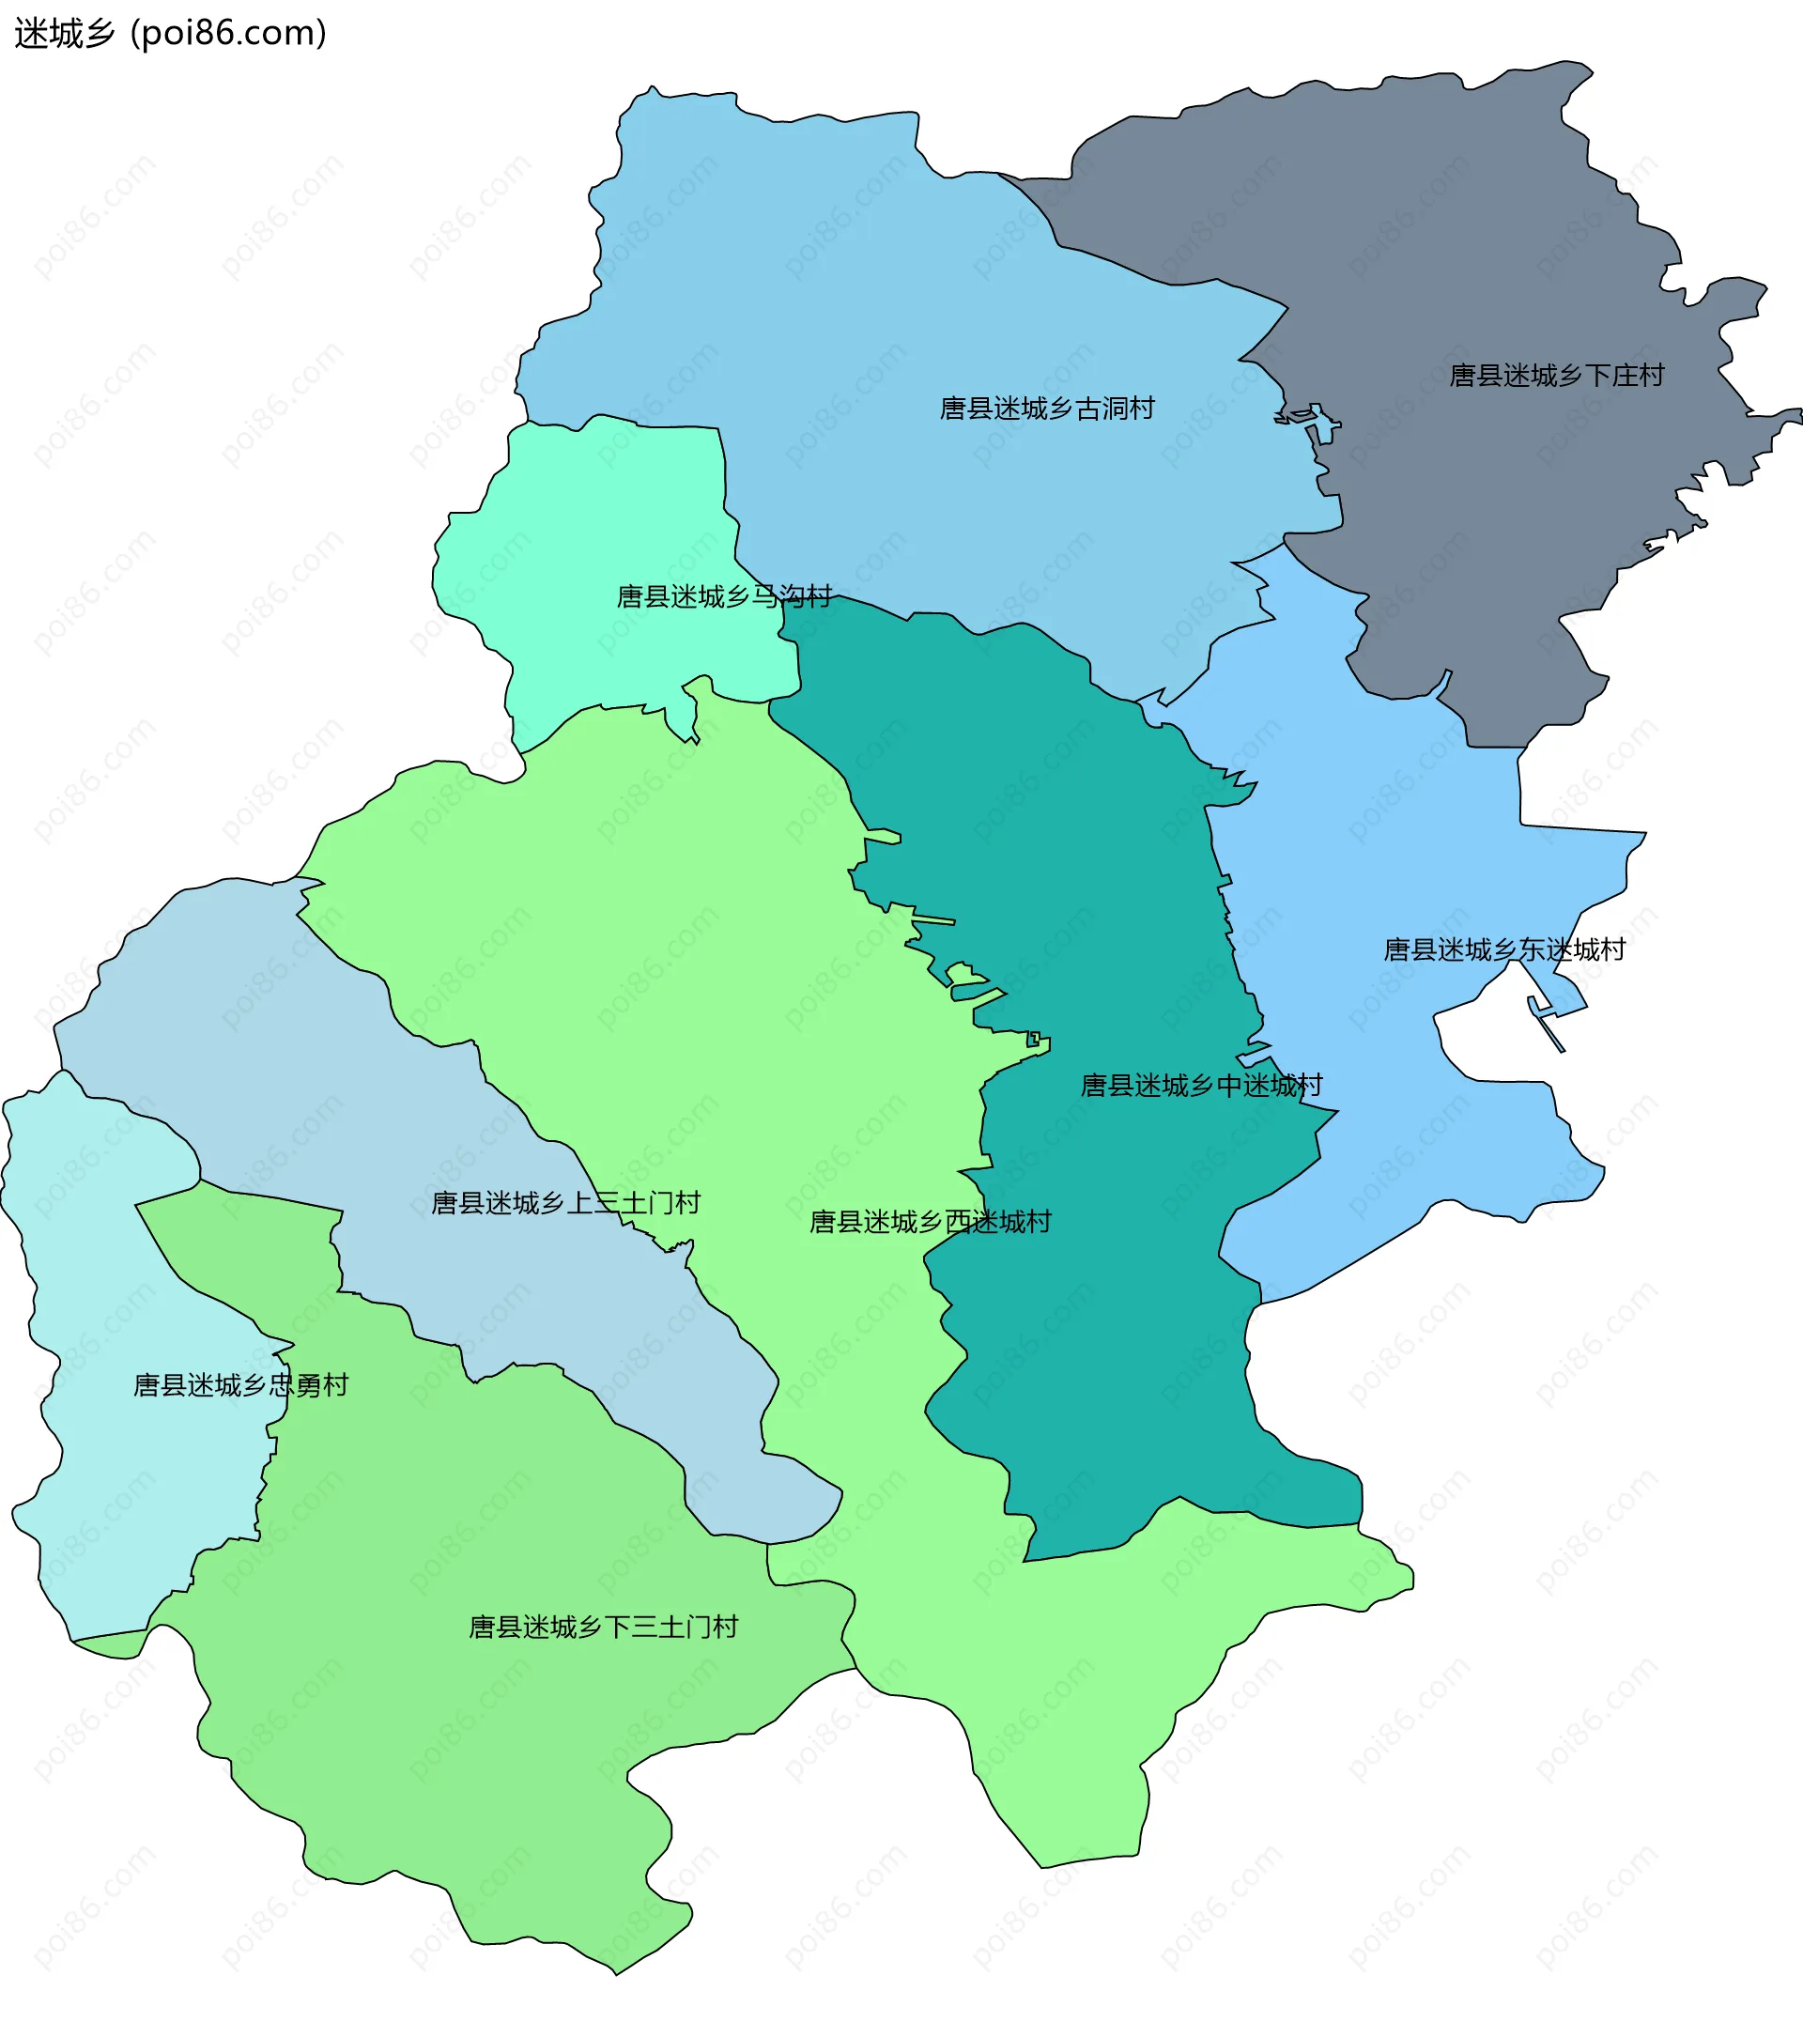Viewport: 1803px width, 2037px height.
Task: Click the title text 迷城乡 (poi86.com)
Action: click(170, 33)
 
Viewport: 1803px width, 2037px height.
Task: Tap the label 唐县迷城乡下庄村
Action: click(1556, 376)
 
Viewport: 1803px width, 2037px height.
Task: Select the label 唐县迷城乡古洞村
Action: click(1046, 409)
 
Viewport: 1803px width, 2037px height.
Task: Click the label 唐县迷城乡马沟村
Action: click(725, 597)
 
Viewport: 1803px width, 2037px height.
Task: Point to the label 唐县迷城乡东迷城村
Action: click(1504, 949)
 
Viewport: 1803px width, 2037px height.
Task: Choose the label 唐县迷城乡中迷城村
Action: click(1201, 1086)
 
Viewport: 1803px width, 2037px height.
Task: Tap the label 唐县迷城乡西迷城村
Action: click(930, 1222)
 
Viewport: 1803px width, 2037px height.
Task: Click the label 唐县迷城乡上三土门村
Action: click(565, 1203)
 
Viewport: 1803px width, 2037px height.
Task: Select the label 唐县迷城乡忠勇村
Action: click(240, 1385)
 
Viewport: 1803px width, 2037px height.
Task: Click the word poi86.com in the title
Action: click(229, 33)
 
